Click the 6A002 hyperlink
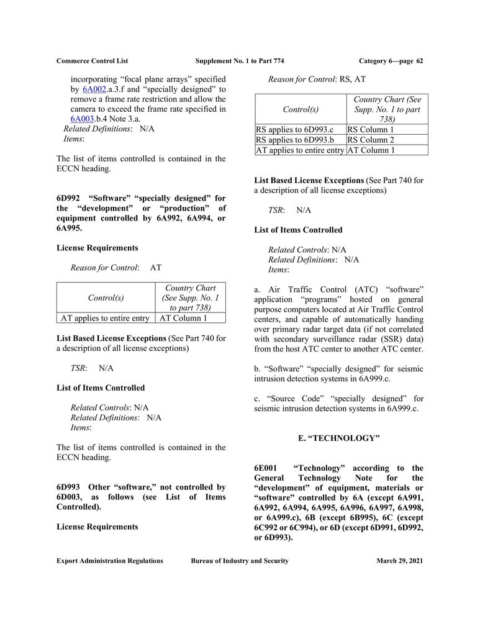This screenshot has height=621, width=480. click(x=93, y=89)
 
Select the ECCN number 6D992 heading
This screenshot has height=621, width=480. click(x=70, y=199)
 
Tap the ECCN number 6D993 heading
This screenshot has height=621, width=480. click(x=70, y=487)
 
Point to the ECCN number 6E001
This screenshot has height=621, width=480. click(x=268, y=468)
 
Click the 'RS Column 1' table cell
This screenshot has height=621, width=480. click(x=371, y=130)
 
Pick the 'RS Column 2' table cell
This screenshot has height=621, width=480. click(x=371, y=140)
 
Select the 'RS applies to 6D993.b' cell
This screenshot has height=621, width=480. click(x=295, y=140)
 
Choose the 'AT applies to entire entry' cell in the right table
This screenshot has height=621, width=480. click(x=300, y=150)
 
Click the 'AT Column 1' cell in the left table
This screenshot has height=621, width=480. click(x=184, y=318)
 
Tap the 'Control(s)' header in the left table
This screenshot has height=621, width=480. click(x=106, y=297)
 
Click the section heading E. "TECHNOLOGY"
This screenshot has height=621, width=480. click(x=338, y=438)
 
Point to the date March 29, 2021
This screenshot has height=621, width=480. click(x=399, y=561)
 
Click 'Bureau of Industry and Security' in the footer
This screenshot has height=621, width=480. click(x=240, y=561)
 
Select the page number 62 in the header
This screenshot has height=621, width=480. click(x=420, y=61)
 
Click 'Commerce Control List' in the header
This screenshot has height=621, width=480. click(x=92, y=61)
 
